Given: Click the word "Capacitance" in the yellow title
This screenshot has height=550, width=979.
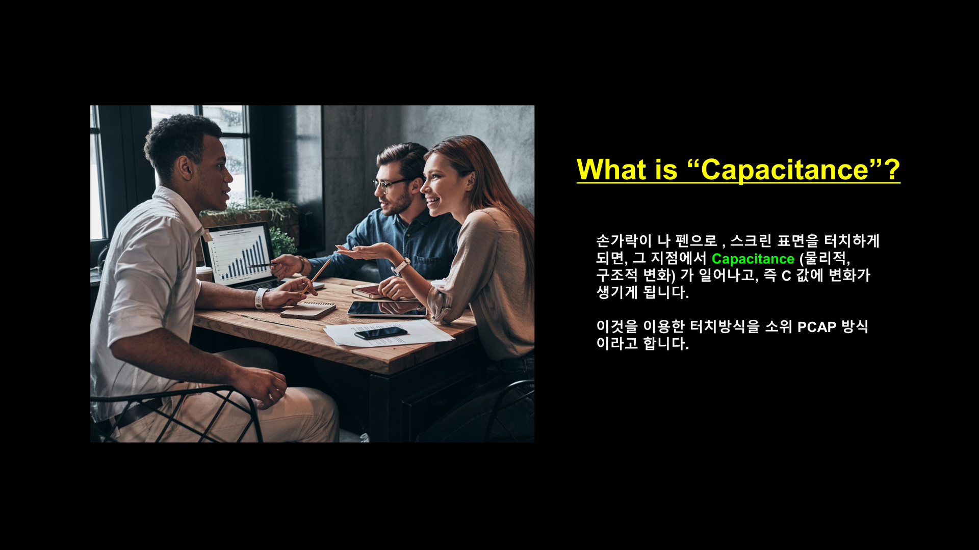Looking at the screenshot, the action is [785, 170].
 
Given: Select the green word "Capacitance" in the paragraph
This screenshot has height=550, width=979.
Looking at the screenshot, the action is [753, 259].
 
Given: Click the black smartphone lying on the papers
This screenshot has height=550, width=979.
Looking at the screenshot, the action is [381, 333].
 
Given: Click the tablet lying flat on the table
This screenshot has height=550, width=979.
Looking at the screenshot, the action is [387, 309].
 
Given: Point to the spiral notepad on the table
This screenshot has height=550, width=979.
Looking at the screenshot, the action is [308, 310].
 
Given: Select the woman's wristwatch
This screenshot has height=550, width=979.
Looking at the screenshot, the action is [401, 266].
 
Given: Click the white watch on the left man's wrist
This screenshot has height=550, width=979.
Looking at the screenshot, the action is [261, 298].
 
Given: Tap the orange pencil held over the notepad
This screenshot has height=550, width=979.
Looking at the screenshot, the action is [317, 277].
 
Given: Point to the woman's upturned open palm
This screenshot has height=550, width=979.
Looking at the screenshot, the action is [361, 252].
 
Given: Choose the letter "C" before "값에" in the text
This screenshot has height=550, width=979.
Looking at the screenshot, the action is [786, 276].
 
